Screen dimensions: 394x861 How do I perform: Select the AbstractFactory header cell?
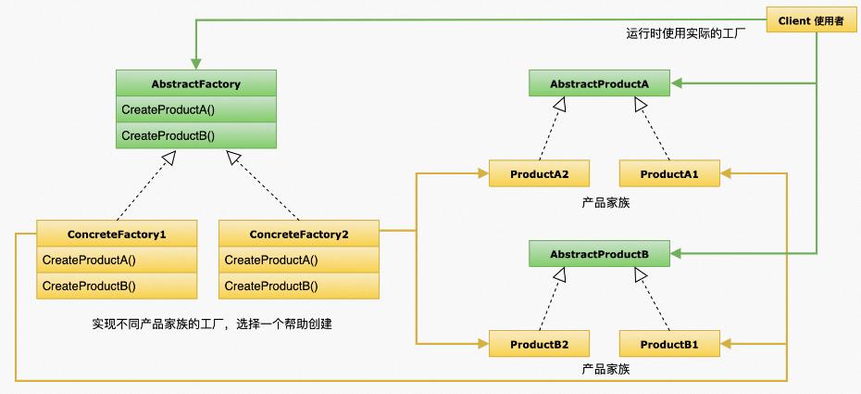[x=195, y=84]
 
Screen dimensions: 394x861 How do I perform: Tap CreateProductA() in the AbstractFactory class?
[x=195, y=109]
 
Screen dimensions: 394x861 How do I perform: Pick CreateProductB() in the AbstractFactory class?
[x=195, y=135]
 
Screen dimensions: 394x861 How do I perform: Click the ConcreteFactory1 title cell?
[x=117, y=234]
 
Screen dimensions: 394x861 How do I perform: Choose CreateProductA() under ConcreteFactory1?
[x=117, y=260]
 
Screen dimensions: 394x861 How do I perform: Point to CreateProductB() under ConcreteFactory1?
[x=117, y=286]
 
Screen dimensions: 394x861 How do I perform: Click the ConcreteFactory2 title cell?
[x=299, y=234]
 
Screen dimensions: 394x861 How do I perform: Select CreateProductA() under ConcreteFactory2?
[x=299, y=260]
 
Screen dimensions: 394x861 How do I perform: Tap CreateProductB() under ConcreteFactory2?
[x=299, y=286]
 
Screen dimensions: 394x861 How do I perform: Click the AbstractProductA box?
[x=599, y=84]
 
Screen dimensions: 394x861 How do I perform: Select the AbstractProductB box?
[x=599, y=253]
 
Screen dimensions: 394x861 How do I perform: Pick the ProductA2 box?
[x=540, y=173]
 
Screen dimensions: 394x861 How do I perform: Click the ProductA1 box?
[x=668, y=173]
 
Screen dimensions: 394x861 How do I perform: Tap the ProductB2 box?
[x=540, y=345]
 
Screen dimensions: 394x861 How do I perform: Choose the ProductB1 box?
[x=668, y=345]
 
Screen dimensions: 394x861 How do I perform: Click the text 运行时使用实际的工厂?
[x=686, y=33]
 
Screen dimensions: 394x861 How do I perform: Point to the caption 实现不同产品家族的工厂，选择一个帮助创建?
[x=212, y=324]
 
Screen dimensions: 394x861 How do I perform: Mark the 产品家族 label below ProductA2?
[x=605, y=201]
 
